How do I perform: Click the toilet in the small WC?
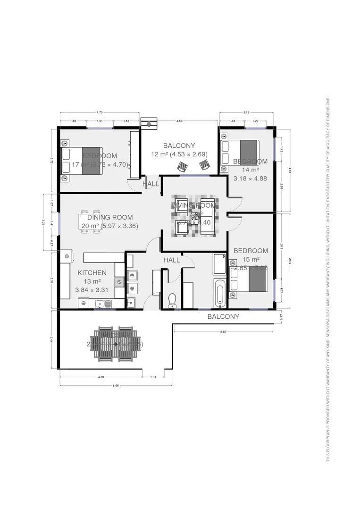tap(172, 299)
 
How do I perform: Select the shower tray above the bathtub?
tap(219, 264)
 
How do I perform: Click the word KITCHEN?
tap(92, 272)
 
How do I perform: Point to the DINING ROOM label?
tap(110, 217)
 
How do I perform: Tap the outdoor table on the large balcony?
tap(117, 345)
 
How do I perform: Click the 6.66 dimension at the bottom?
tap(116, 385)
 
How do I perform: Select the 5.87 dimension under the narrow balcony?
tap(224, 332)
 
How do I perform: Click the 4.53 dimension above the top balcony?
tap(179, 121)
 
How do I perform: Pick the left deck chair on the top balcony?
tap(183, 166)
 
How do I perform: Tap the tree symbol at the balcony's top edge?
tap(150, 123)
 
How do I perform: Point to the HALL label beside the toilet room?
tap(172, 260)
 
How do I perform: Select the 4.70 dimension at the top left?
tap(99, 113)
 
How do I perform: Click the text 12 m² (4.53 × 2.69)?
tap(179, 154)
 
